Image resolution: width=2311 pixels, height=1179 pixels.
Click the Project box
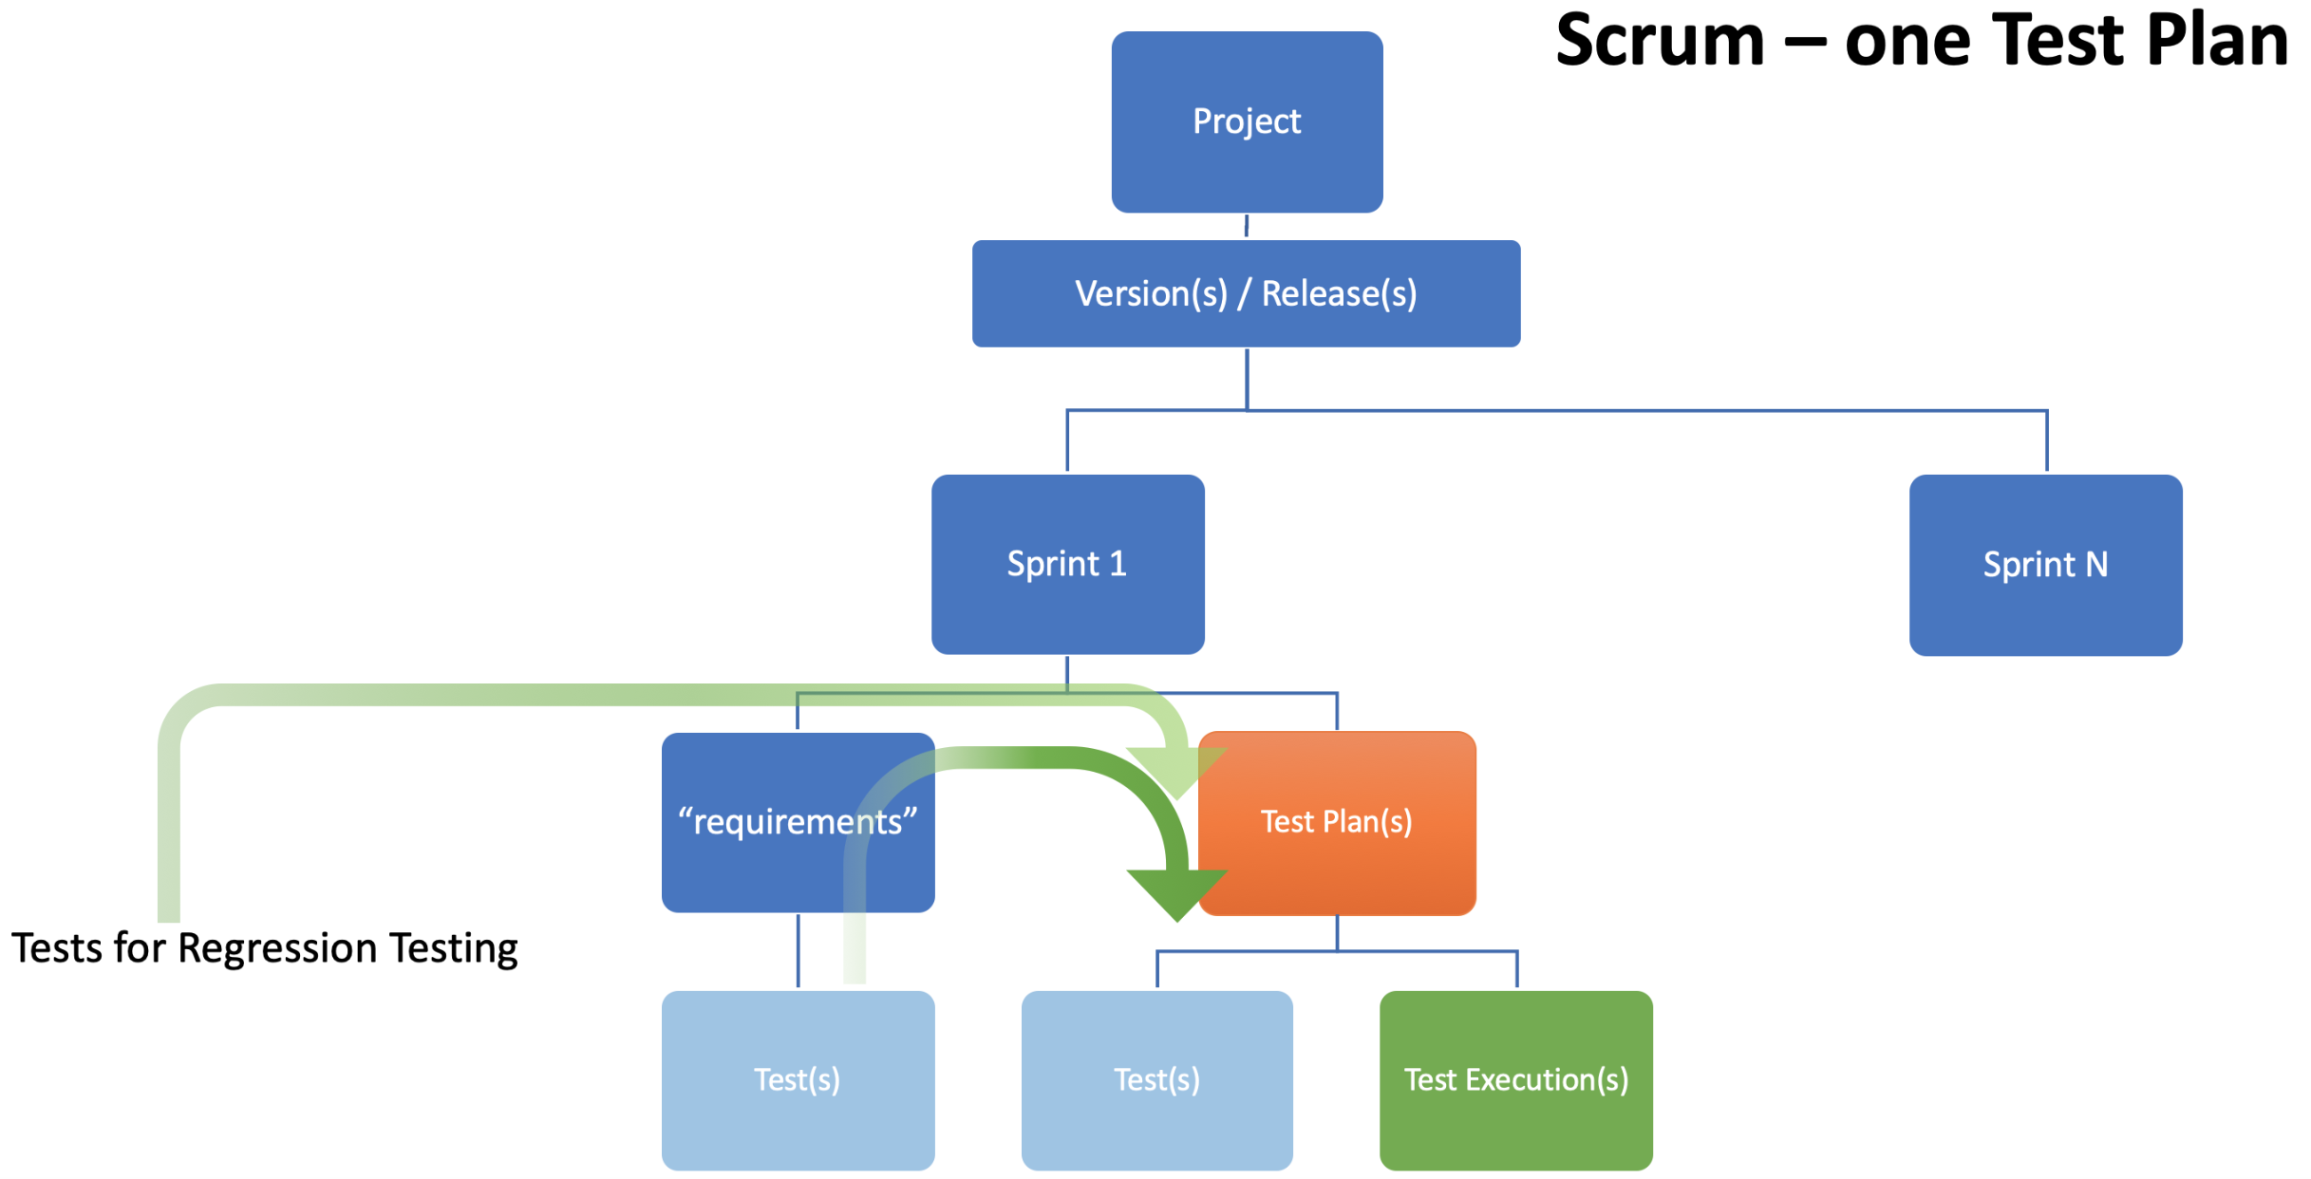coord(1247,122)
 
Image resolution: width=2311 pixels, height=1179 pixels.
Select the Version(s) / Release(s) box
coord(1246,293)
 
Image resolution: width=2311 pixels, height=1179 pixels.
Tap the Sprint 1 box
coord(1067,564)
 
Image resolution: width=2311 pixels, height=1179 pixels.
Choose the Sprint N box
coord(2045,565)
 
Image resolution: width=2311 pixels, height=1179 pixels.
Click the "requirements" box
coord(798,822)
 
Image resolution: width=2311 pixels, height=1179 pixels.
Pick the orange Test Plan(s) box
coord(1337,822)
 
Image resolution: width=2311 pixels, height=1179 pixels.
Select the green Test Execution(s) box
coord(1516,1080)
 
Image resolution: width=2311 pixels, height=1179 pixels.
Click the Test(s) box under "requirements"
coord(798,1080)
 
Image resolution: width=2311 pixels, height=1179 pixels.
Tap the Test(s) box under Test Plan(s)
coord(1156,1080)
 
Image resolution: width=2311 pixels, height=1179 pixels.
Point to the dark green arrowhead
coord(1177,892)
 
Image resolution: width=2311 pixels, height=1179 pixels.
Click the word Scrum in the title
coord(1660,41)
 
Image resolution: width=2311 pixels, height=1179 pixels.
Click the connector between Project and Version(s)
coord(1247,226)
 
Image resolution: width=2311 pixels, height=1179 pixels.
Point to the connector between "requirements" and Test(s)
coord(798,951)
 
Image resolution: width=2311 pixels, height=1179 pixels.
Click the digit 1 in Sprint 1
coord(1118,564)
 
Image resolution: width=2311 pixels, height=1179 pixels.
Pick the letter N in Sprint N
coord(2095,565)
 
